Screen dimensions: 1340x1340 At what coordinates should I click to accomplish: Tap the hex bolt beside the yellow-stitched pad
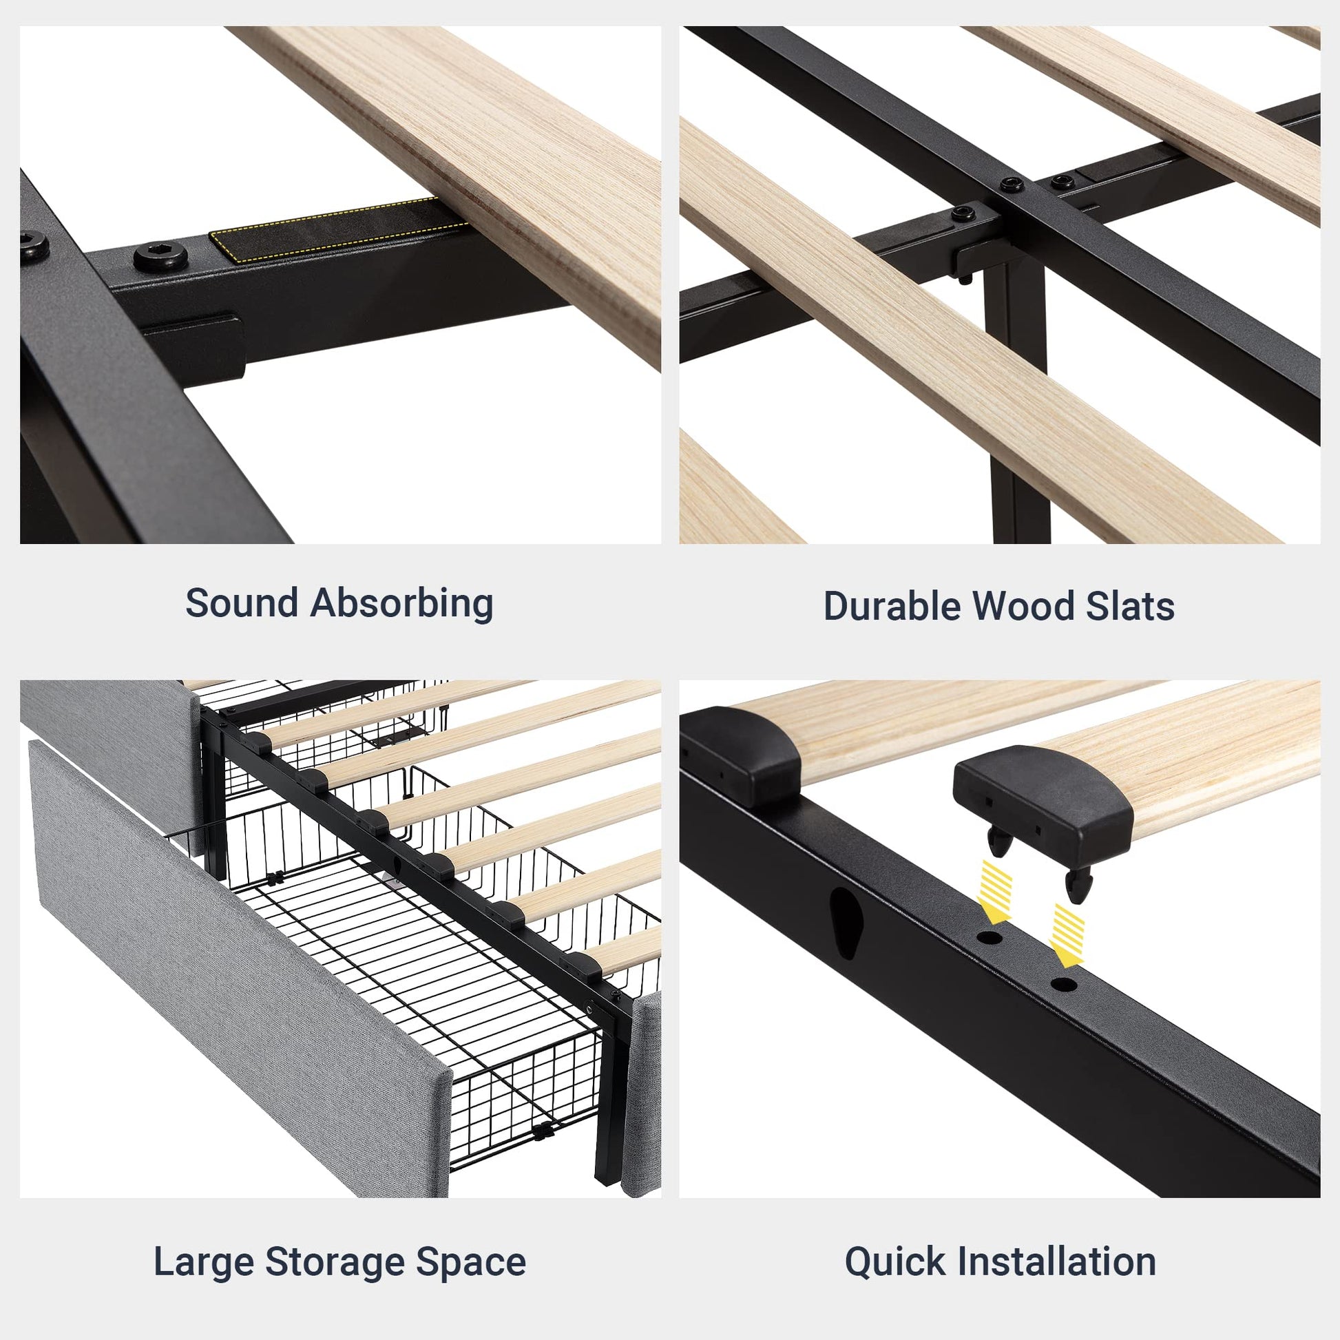[161, 256]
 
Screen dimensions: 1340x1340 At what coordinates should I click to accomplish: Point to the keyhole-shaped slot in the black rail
[846, 922]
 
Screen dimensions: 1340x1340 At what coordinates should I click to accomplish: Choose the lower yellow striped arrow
[1067, 934]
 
